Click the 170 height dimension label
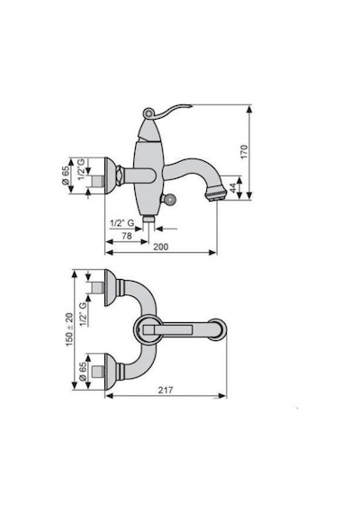click(x=244, y=152)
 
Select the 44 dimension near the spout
click(x=233, y=188)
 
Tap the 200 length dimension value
click(x=161, y=247)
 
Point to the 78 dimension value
click(x=126, y=236)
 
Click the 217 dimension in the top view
click(x=166, y=390)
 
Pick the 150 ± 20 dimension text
click(x=69, y=329)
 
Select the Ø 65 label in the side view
click(x=66, y=175)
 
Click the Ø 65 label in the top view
click(x=83, y=371)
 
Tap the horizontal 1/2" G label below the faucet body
click(x=121, y=223)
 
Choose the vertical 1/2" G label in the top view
click(x=83, y=314)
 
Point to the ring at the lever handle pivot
click(x=148, y=113)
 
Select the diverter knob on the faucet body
click(x=169, y=198)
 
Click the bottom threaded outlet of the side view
click(x=148, y=219)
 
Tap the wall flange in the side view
click(x=110, y=175)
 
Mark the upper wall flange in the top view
click(x=111, y=288)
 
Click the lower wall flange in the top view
click(x=111, y=372)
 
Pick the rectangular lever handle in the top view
click(x=166, y=329)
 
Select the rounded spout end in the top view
click(x=217, y=329)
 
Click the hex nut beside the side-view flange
click(x=120, y=175)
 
